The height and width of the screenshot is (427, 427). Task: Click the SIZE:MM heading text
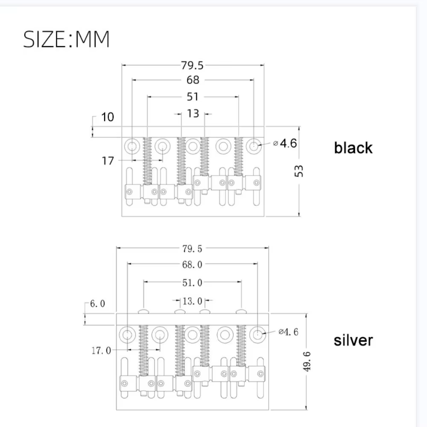[x=67, y=39]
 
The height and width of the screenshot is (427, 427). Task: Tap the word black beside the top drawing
[x=353, y=148]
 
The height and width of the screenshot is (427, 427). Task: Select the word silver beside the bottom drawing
[x=353, y=340]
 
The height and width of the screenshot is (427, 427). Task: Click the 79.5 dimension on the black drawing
[x=192, y=65]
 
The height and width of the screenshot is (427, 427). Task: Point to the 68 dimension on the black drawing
[x=193, y=80]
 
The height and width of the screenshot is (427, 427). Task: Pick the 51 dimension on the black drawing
[x=193, y=97]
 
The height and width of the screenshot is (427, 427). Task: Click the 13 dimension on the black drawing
[x=193, y=114]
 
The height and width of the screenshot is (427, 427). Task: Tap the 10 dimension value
[x=107, y=117]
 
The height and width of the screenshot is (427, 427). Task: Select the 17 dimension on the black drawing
[x=108, y=161]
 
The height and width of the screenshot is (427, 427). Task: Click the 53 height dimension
[x=299, y=171]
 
